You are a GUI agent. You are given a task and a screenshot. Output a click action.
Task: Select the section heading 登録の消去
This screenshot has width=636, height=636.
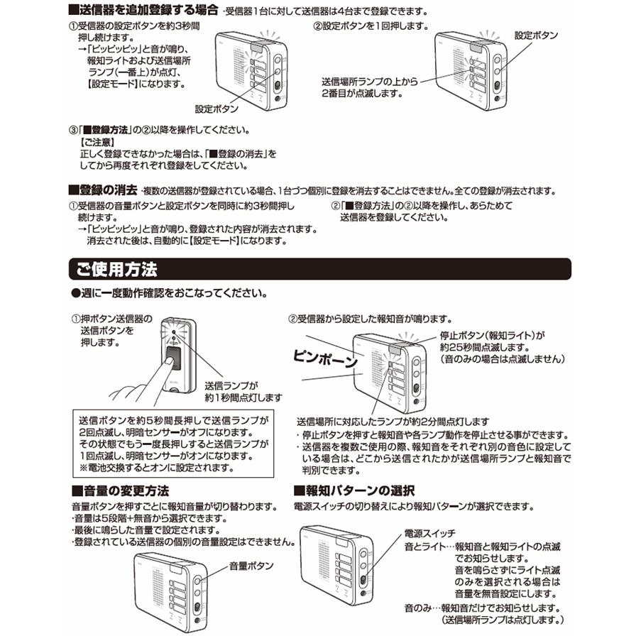pos(102,191)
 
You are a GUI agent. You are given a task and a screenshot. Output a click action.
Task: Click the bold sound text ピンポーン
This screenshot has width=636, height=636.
pos(326,361)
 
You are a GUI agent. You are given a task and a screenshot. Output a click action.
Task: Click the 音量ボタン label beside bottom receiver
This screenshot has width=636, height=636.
pos(251,566)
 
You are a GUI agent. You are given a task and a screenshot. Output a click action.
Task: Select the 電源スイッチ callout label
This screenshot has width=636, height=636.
pos(429,533)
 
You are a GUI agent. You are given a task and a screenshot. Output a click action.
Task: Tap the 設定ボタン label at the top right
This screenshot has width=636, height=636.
pos(536,35)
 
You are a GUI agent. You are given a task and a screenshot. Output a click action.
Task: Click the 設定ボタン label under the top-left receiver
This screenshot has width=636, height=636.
pos(216,109)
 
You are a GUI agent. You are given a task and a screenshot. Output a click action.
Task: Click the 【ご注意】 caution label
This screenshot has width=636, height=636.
pos(99,142)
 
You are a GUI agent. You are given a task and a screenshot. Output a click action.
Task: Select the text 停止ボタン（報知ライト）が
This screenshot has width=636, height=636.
pos(492,336)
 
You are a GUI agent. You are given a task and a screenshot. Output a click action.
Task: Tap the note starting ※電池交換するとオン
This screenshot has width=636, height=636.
pos(155,468)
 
